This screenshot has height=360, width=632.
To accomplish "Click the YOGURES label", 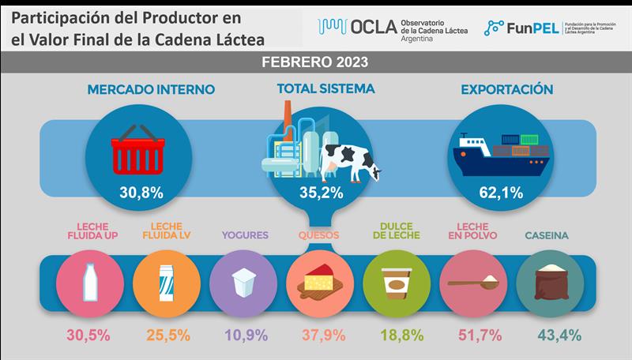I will coord(244,234).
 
